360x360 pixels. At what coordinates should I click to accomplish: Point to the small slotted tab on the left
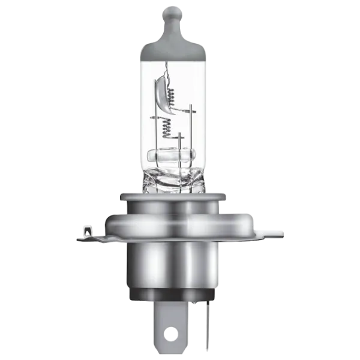coord(86,229)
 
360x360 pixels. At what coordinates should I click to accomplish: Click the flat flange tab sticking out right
coord(273,230)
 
